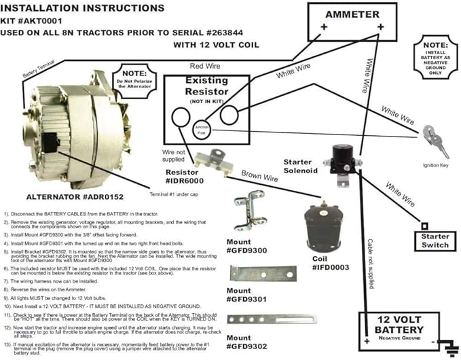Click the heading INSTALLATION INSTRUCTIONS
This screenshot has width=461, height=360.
click(82, 7)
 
